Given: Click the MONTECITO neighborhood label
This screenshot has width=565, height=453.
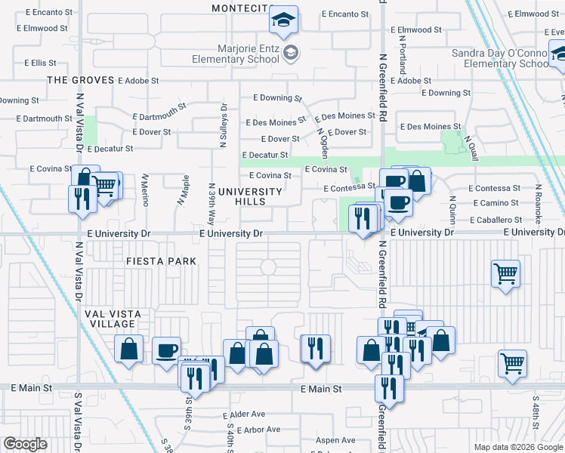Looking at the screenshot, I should pyautogui.click(x=240, y=8).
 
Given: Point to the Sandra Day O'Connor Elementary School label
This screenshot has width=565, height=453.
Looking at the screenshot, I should pyautogui.click(x=499, y=58).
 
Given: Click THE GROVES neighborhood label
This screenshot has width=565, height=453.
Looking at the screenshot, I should pyautogui.click(x=80, y=79).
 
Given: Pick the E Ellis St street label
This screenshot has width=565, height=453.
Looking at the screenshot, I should pyautogui.click(x=46, y=63).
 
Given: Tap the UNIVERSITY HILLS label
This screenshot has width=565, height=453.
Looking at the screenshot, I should pyautogui.click(x=249, y=196).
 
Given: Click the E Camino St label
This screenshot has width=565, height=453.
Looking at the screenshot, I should pyautogui.click(x=496, y=204).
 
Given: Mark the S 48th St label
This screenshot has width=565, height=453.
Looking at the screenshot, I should pyautogui.click(x=535, y=407).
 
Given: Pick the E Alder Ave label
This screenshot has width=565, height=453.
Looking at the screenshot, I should pyautogui.click(x=244, y=414).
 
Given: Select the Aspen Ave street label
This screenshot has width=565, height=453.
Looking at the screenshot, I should pyautogui.click(x=335, y=440).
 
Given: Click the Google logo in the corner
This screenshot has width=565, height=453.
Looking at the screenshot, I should pyautogui.click(x=25, y=444).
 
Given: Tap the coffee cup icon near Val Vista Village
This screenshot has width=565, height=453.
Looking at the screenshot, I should pyautogui.click(x=166, y=350).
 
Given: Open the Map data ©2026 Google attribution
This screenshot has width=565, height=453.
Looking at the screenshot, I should pyautogui.click(x=518, y=447).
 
